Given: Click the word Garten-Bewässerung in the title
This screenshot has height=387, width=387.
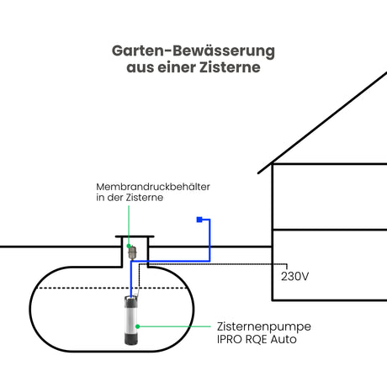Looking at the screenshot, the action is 193,51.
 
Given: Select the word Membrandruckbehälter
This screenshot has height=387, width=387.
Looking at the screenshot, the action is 153,187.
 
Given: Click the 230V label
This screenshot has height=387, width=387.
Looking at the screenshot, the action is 294,277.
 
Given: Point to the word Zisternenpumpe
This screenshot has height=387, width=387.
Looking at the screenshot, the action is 264,327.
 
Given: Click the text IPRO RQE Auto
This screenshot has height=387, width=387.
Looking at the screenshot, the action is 257,339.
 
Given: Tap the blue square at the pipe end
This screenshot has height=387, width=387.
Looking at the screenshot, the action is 199,220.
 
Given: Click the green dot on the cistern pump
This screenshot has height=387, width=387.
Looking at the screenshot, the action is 137,326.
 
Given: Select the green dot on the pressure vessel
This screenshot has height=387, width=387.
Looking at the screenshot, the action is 129,246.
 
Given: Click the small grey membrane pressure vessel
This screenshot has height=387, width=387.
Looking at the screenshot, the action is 132,252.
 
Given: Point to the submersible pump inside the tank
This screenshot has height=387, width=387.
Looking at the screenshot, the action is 130,321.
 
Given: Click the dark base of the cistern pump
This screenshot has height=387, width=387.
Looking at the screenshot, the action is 130,339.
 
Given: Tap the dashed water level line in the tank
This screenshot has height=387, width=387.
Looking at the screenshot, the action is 112,288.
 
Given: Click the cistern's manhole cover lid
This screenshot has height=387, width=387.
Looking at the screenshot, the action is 135,236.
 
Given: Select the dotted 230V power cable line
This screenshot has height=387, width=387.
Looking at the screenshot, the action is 213,264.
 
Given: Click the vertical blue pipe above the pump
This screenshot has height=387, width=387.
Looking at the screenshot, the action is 131,279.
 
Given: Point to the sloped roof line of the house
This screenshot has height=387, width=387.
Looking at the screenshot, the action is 322,123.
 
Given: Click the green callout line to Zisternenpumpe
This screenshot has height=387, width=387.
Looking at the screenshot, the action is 175,326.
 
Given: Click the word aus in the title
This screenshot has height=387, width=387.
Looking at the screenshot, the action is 140,68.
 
